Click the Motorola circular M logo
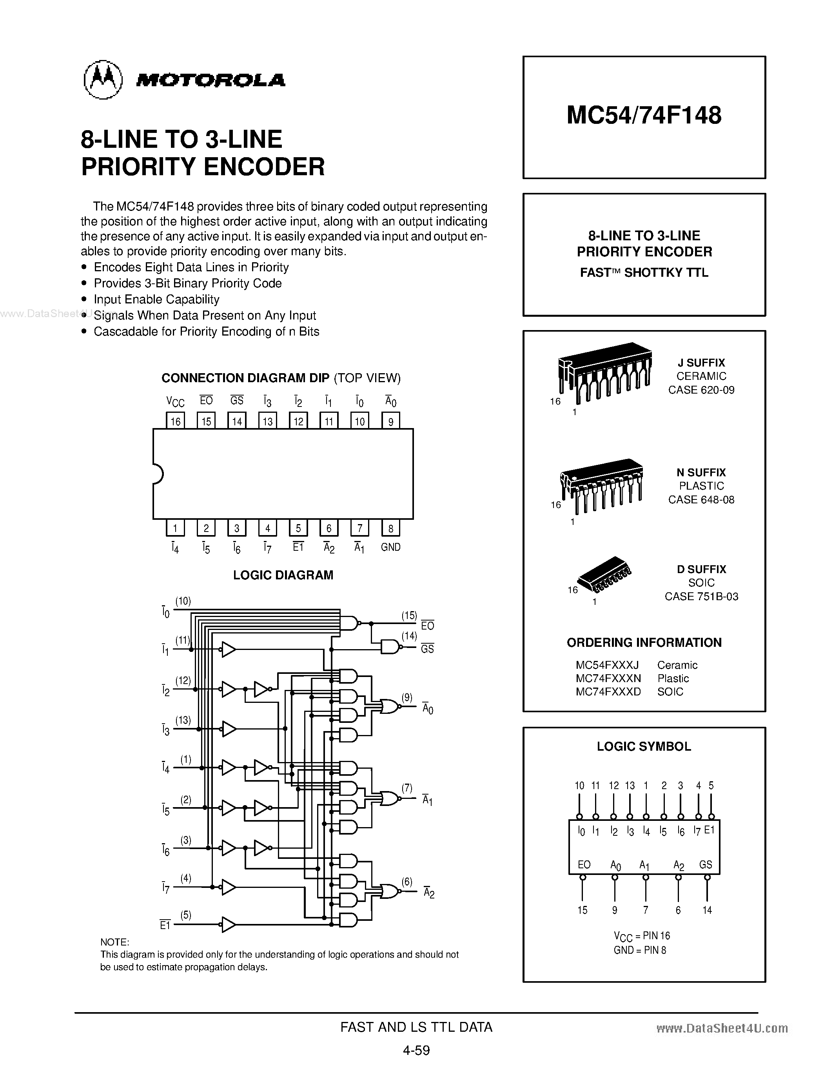[x=103, y=80]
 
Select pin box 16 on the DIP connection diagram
[x=175, y=421]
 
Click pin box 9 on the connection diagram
[x=390, y=421]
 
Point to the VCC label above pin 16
[x=175, y=401]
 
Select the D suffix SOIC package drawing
[x=604, y=575]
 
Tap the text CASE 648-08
[x=701, y=499]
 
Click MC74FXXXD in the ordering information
[x=608, y=691]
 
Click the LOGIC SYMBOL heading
[x=644, y=746]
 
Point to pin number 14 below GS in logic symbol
[x=707, y=910]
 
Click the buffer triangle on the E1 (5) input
[x=228, y=924]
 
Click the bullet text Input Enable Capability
[x=156, y=299]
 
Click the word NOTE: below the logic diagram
[x=114, y=942]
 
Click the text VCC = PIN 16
[x=642, y=935]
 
